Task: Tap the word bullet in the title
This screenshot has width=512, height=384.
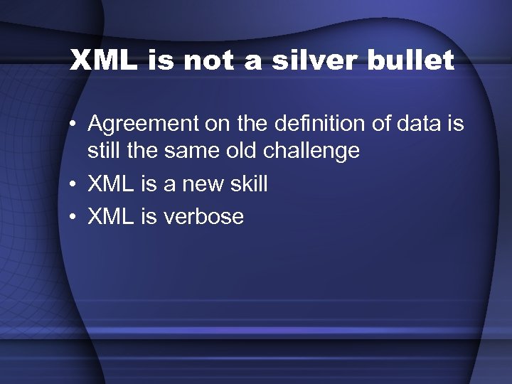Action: coord(410,60)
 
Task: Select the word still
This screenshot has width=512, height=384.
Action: coord(104,151)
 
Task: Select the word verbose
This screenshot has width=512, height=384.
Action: coord(203,216)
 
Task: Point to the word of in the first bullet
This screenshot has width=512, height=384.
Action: coord(358,124)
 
